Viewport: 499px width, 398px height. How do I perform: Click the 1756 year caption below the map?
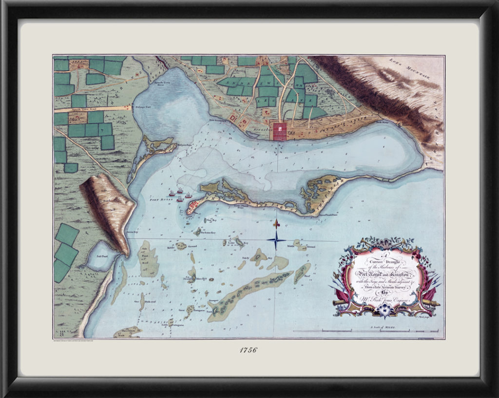[x=249, y=350]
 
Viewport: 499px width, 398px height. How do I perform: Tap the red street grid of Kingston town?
[x=279, y=131]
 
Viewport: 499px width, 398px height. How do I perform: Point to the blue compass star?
[x=276, y=239]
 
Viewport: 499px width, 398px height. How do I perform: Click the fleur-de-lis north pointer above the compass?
[x=276, y=224]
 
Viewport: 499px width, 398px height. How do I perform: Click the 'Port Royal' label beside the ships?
[x=159, y=199]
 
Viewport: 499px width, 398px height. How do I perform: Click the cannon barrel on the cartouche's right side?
[x=429, y=303]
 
